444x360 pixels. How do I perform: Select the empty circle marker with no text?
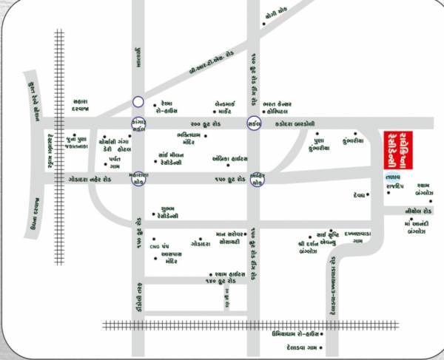click(138, 102)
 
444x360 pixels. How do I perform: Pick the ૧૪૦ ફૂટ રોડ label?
click(223, 282)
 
